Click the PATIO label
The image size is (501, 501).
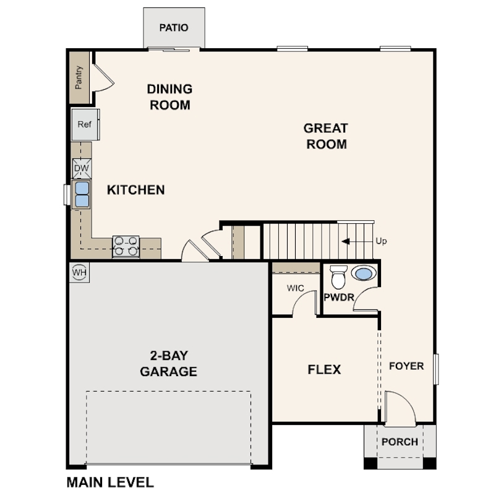173,28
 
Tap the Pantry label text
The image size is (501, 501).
79,78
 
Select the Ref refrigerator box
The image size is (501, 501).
85,124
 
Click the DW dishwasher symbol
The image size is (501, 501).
82,168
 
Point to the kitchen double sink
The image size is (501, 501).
82,194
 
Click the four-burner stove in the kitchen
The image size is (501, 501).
126,247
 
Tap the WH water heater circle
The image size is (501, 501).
79,272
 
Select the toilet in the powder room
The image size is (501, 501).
338,278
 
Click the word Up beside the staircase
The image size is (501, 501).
381,241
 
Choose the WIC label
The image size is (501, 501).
294,288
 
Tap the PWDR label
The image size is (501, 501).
338,298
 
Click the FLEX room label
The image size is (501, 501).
324,370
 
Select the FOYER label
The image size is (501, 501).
406,366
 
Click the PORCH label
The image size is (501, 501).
399,442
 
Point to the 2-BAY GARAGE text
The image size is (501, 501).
168,364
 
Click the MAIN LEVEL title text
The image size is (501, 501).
109,482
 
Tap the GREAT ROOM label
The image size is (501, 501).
325,136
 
